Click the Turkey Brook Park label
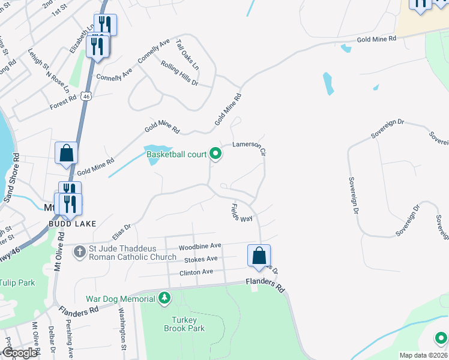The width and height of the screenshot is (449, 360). [184, 324]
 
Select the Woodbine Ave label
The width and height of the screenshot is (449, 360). [200, 246]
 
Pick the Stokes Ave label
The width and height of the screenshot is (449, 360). [200, 259]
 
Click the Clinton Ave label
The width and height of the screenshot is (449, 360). [196, 272]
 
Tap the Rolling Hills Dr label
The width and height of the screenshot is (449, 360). [179, 73]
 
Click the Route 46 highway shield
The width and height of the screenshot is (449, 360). [87, 95]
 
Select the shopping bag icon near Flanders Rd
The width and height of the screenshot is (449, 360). [259, 256]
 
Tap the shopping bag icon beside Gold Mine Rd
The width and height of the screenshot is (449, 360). [66, 154]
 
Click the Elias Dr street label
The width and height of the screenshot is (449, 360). [121, 231]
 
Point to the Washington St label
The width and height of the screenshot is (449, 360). [122, 329]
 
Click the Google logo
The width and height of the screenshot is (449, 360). [20, 353]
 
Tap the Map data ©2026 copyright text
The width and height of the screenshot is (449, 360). [424, 355]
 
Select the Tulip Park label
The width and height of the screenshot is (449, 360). [17, 283]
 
